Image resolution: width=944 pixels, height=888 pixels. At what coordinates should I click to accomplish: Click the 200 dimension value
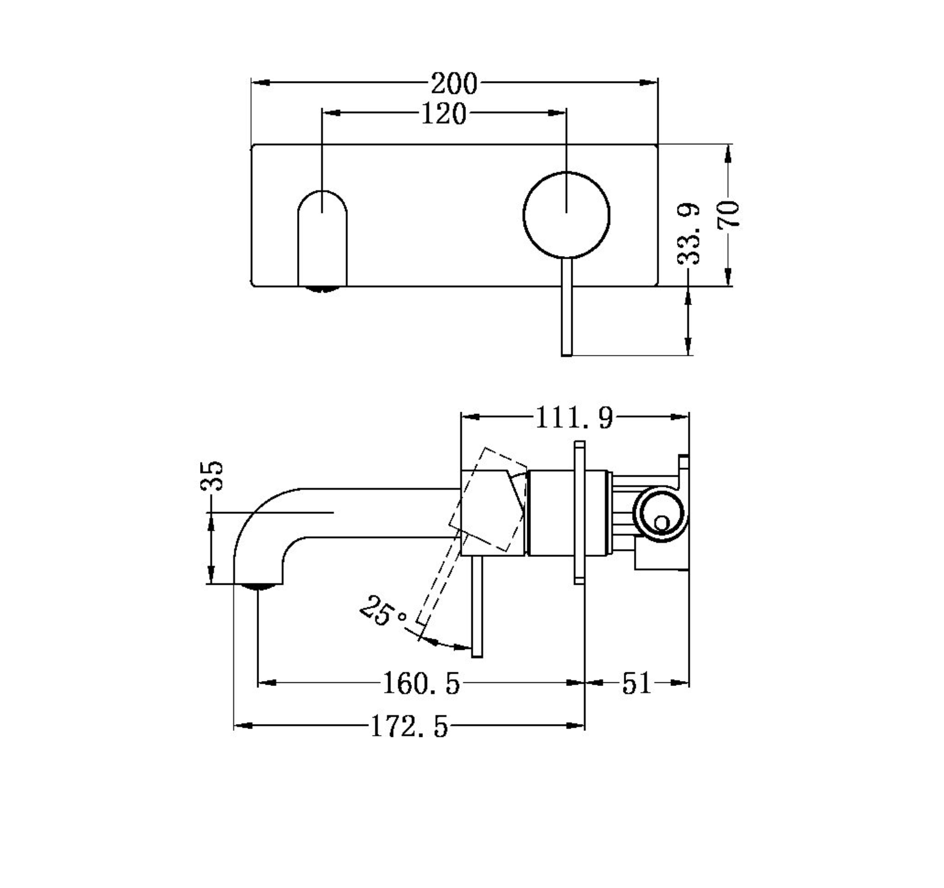tap(454, 84)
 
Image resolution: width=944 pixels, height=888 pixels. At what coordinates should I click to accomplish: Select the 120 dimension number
tap(443, 114)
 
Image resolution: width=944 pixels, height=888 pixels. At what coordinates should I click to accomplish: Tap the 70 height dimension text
tap(729, 214)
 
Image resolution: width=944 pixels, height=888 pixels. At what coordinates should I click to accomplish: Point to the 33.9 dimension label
tap(689, 233)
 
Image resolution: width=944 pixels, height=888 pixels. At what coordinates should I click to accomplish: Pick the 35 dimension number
tap(212, 475)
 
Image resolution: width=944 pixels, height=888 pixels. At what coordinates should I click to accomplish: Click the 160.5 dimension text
tap(421, 684)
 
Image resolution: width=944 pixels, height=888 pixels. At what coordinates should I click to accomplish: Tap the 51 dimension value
tap(636, 684)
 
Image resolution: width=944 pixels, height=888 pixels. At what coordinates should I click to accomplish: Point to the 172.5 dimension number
tap(409, 728)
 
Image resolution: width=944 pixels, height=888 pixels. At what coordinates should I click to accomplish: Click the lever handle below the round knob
tap(567, 307)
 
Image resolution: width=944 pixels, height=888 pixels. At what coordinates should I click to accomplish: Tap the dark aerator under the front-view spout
tap(322, 289)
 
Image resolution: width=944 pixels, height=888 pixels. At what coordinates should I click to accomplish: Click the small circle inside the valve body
tap(661, 523)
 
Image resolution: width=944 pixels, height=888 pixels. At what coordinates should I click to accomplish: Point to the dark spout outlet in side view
tap(258, 586)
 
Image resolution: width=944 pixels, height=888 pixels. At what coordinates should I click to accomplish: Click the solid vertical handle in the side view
tap(477, 607)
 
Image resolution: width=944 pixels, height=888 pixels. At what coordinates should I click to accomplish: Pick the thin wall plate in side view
tap(580, 512)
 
